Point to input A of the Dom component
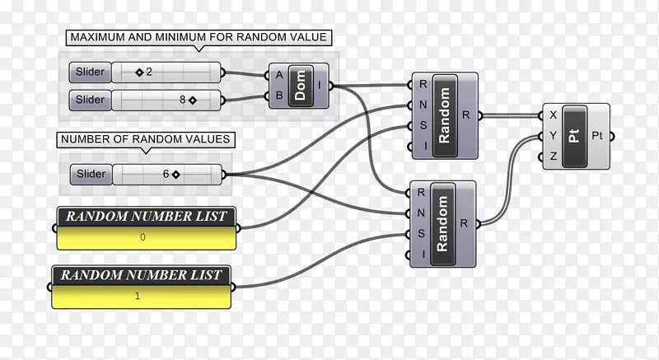click(x=279, y=75)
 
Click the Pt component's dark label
click(x=575, y=135)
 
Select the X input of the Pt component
click(x=553, y=115)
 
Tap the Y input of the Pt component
click(x=553, y=135)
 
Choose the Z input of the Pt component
click(x=553, y=157)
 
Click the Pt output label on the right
click(x=597, y=135)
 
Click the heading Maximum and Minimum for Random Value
click(x=199, y=37)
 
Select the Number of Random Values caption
click(x=145, y=139)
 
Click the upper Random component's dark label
click(x=446, y=115)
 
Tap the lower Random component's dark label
click(x=442, y=222)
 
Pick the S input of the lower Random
click(x=421, y=233)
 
